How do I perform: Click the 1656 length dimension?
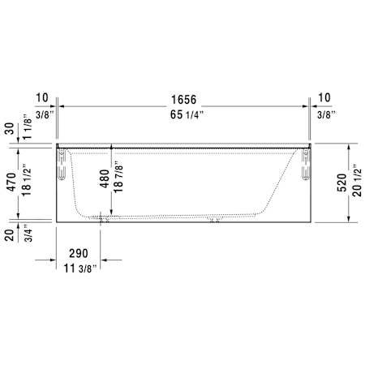click(x=183, y=100)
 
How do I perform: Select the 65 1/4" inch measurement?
click(x=187, y=114)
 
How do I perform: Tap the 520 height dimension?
click(x=342, y=182)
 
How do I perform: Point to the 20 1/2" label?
click(x=357, y=180)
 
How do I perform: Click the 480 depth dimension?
click(x=105, y=178)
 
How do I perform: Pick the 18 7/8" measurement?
click(x=118, y=177)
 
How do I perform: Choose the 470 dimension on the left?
click(x=11, y=182)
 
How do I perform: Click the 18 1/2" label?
click(x=27, y=180)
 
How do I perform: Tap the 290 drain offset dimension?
click(x=79, y=253)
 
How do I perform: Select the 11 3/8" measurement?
click(x=80, y=268)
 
